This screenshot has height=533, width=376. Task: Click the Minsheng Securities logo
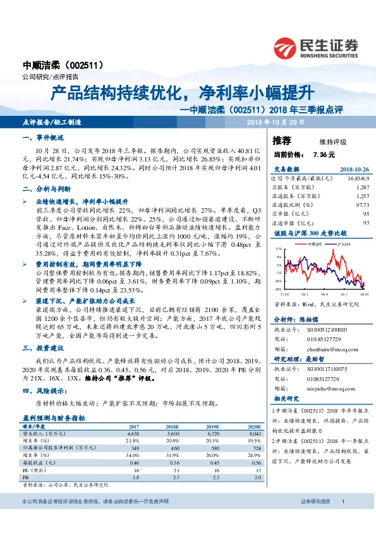(x=317, y=47)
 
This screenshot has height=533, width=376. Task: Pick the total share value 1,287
(x=362, y=187)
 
